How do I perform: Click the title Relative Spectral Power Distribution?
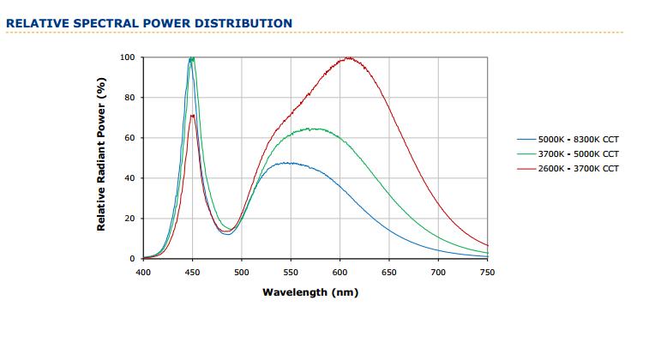(148, 23)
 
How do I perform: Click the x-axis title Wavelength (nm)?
(309, 292)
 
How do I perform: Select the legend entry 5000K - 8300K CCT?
(578, 139)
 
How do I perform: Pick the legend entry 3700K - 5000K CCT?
(578, 153)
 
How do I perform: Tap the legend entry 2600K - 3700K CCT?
(578, 169)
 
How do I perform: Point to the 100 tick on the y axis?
(128, 57)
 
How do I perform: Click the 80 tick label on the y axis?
(130, 98)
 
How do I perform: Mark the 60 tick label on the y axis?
(130, 138)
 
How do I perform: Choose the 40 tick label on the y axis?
(130, 178)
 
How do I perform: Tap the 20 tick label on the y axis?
(130, 219)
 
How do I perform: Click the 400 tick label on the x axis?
(143, 272)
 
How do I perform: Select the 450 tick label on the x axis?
(193, 272)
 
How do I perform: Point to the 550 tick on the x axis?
(291, 272)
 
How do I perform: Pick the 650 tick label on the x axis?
(389, 272)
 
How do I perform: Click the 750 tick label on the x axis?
(488, 272)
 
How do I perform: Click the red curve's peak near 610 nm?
(349, 58)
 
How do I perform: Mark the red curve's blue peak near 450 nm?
(193, 115)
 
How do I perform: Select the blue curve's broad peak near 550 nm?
(291, 163)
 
